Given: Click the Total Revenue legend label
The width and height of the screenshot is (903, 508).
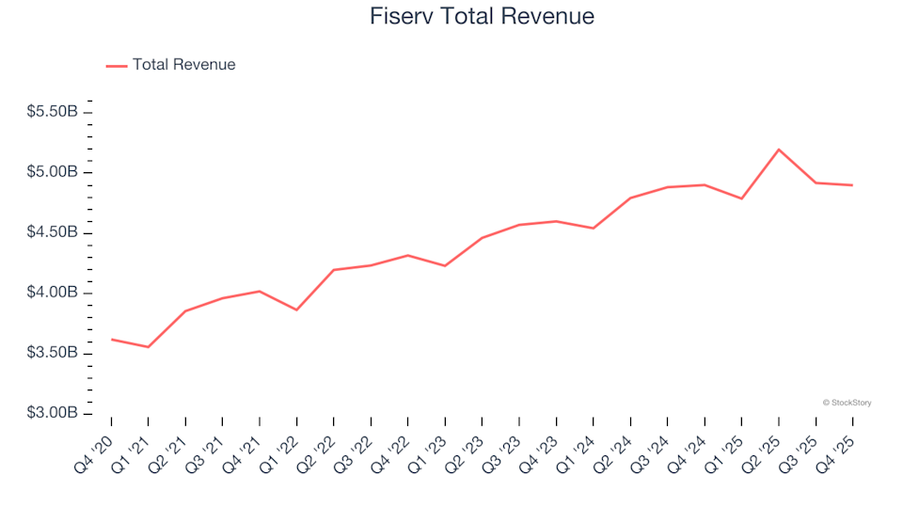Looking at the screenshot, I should [183, 65].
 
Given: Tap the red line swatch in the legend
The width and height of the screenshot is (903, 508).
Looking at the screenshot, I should [117, 66].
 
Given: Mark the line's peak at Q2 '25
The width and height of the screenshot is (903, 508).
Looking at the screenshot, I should [779, 150].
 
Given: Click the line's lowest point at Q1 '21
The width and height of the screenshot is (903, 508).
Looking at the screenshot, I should [148, 347].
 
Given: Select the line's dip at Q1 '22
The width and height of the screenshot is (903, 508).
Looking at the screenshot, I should [296, 310].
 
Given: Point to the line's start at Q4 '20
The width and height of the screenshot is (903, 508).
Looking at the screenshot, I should [111, 340].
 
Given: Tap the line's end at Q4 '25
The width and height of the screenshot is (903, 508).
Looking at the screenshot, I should [852, 185].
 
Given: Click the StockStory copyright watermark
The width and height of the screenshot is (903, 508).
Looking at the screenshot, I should [847, 403].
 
